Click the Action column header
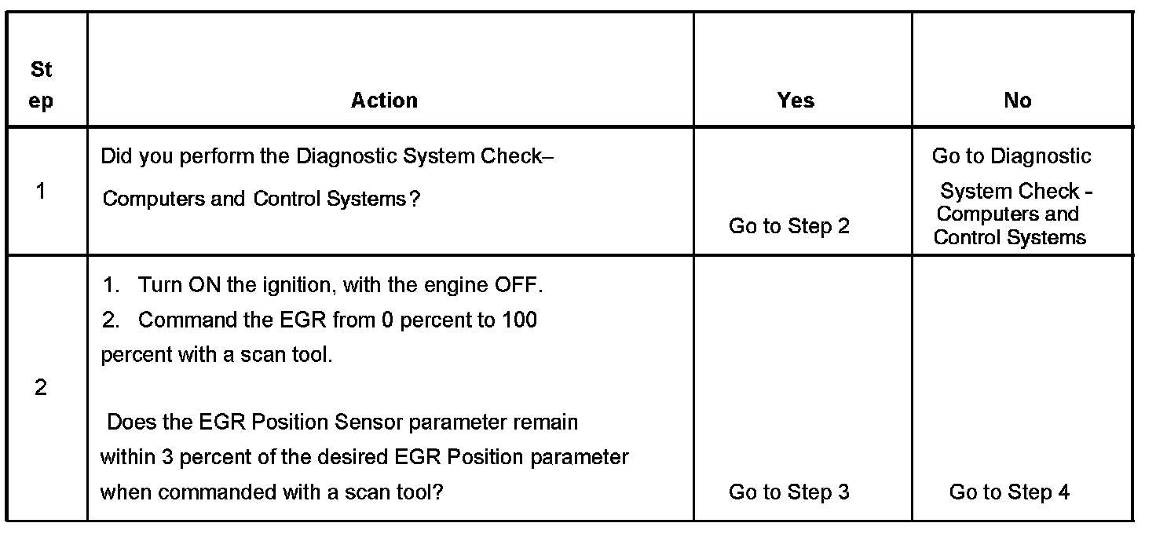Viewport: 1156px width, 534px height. click(x=384, y=101)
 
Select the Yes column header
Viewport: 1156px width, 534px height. click(x=796, y=101)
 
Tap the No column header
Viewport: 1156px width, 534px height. click(x=1017, y=101)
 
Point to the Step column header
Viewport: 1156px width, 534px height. click(x=42, y=86)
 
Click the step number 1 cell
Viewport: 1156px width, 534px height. click(x=41, y=191)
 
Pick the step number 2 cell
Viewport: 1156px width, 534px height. click(x=41, y=388)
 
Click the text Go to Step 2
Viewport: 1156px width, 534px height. click(x=789, y=226)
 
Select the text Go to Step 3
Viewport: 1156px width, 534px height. click(x=789, y=492)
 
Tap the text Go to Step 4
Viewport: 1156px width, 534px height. click(x=1009, y=492)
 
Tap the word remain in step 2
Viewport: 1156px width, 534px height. click(x=545, y=422)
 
